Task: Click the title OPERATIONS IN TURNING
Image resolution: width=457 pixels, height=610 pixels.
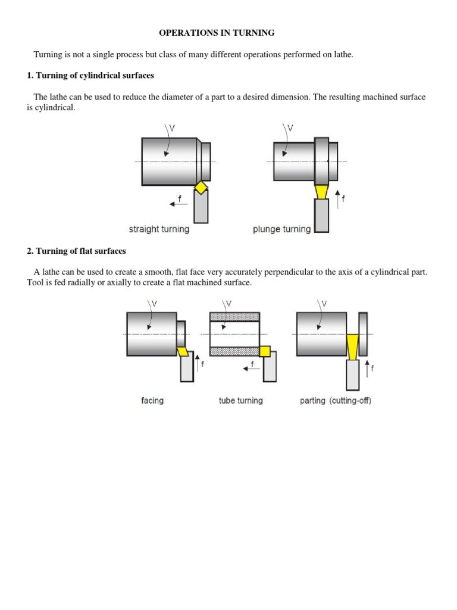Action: (x=217, y=33)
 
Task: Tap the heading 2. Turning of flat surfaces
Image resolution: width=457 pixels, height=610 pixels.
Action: (x=76, y=251)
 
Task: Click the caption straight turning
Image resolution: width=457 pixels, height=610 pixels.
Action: (x=159, y=229)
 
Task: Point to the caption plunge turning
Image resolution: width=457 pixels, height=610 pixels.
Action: (x=282, y=229)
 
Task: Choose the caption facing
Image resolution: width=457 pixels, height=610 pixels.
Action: (x=152, y=401)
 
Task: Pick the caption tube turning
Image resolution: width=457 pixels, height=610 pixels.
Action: (x=240, y=401)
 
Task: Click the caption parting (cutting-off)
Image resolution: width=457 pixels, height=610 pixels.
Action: (x=336, y=401)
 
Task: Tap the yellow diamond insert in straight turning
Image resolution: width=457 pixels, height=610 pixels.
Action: (x=202, y=188)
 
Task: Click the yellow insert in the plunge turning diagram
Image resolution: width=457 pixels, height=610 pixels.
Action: (x=321, y=191)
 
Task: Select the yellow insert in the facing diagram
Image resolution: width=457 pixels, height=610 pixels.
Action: (x=183, y=352)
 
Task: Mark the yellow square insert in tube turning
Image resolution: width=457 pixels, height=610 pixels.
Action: (x=265, y=351)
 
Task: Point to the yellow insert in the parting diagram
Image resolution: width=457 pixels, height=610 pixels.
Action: (x=353, y=347)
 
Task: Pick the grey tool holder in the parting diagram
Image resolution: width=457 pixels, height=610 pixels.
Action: (x=353, y=375)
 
